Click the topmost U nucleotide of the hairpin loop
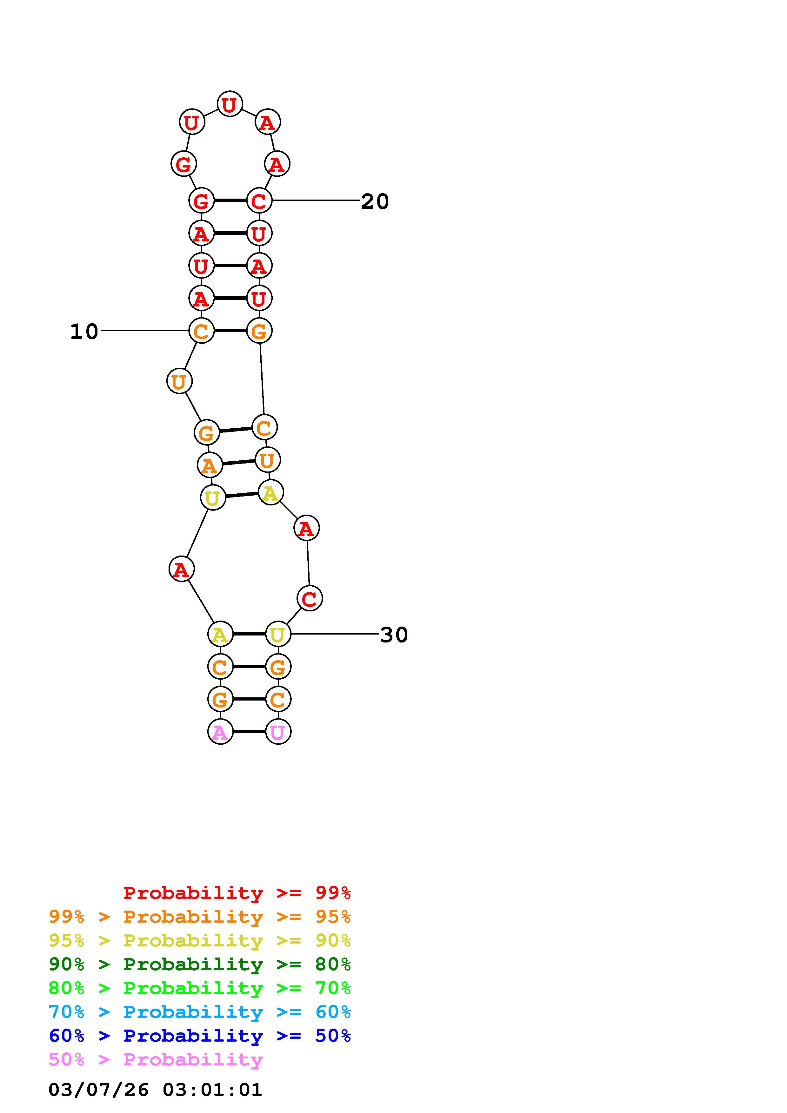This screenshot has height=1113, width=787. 230,104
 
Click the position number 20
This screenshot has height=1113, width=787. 375,201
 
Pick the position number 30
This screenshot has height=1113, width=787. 394,635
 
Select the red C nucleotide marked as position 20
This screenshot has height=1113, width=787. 259,200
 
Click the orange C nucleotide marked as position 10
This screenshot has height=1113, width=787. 201,331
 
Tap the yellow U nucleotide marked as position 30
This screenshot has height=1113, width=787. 278,634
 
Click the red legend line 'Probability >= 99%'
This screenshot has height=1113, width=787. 237,892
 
